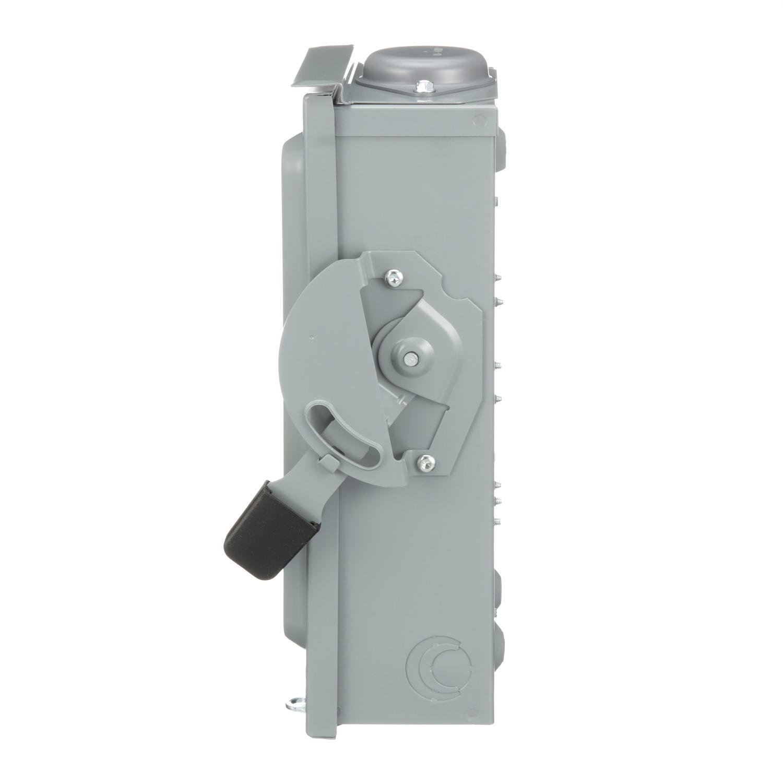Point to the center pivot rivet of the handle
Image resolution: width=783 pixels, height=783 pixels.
coord(410,358)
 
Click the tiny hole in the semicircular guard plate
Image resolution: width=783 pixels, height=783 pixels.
coord(311,337)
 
